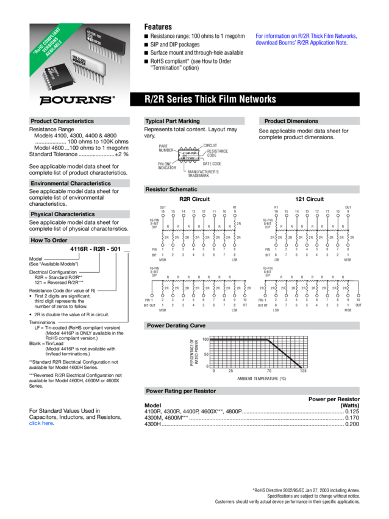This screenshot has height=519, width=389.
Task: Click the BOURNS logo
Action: coord(77,99)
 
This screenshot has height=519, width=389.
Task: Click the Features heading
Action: coord(157,27)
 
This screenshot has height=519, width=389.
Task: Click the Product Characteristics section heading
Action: coord(62,121)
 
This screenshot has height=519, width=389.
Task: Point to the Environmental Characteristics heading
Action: coord(70,183)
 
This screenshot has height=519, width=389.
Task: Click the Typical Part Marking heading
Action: coord(173,121)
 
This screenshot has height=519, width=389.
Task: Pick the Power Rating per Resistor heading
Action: coord(181,391)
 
